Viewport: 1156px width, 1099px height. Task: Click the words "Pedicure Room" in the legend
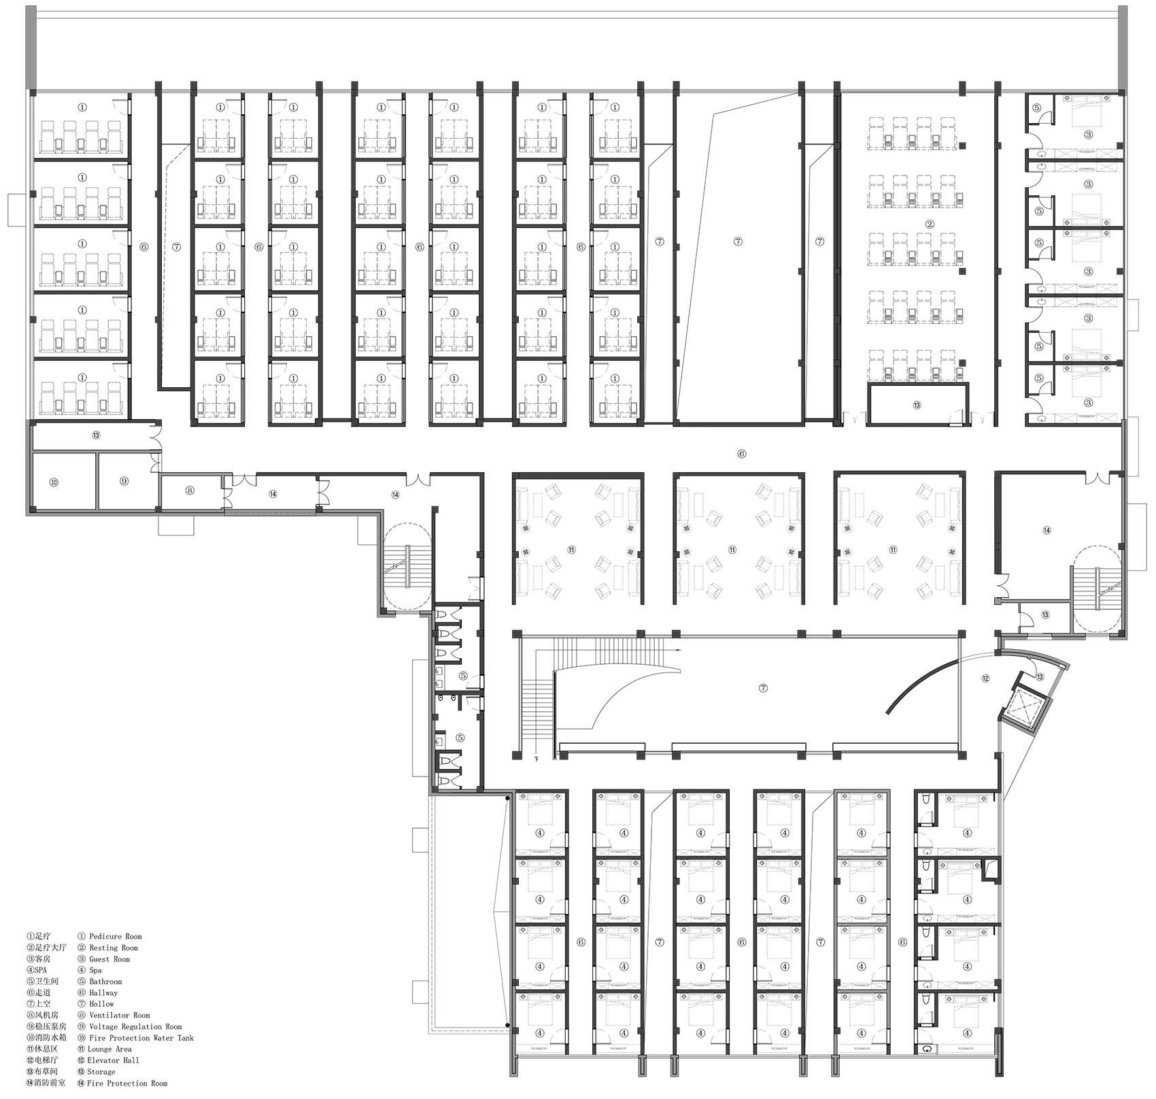(x=116, y=936)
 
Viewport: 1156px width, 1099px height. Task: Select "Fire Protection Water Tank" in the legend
(x=141, y=1038)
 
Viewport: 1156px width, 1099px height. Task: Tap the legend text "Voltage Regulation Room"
(x=135, y=1026)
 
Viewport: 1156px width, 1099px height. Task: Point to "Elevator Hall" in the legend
(x=113, y=1060)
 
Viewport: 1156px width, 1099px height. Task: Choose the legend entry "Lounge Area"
(x=110, y=1049)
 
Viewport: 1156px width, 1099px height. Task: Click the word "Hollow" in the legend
(x=102, y=1004)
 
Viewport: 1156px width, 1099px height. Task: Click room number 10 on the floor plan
(x=54, y=482)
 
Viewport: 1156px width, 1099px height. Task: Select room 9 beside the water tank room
(x=124, y=481)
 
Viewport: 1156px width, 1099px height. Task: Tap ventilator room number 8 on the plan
(x=190, y=490)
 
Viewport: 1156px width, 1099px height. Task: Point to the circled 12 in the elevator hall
(x=985, y=678)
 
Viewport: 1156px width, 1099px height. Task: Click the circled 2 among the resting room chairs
(x=930, y=225)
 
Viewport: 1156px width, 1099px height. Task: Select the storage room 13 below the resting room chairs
(x=917, y=405)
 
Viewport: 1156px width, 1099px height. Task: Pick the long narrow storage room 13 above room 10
(x=96, y=436)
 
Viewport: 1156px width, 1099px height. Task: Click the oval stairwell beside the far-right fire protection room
(x=1098, y=591)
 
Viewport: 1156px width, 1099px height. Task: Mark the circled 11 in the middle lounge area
(x=732, y=550)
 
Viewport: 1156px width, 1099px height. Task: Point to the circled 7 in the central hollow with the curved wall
(x=763, y=688)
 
